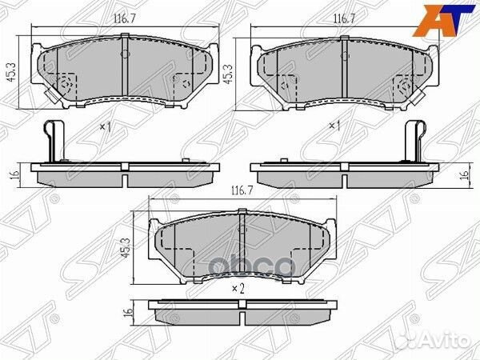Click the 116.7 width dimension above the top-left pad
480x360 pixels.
125,19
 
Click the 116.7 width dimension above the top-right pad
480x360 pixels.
344,19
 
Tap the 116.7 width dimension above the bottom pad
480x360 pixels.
242,191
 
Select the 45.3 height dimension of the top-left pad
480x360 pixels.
11,73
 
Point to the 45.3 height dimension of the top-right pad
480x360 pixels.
227,74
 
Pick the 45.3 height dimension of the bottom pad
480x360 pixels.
126,247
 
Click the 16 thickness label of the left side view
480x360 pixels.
15,174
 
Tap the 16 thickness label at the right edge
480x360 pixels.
465,174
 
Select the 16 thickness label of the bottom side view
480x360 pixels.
129,312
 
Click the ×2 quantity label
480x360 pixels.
238,289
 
